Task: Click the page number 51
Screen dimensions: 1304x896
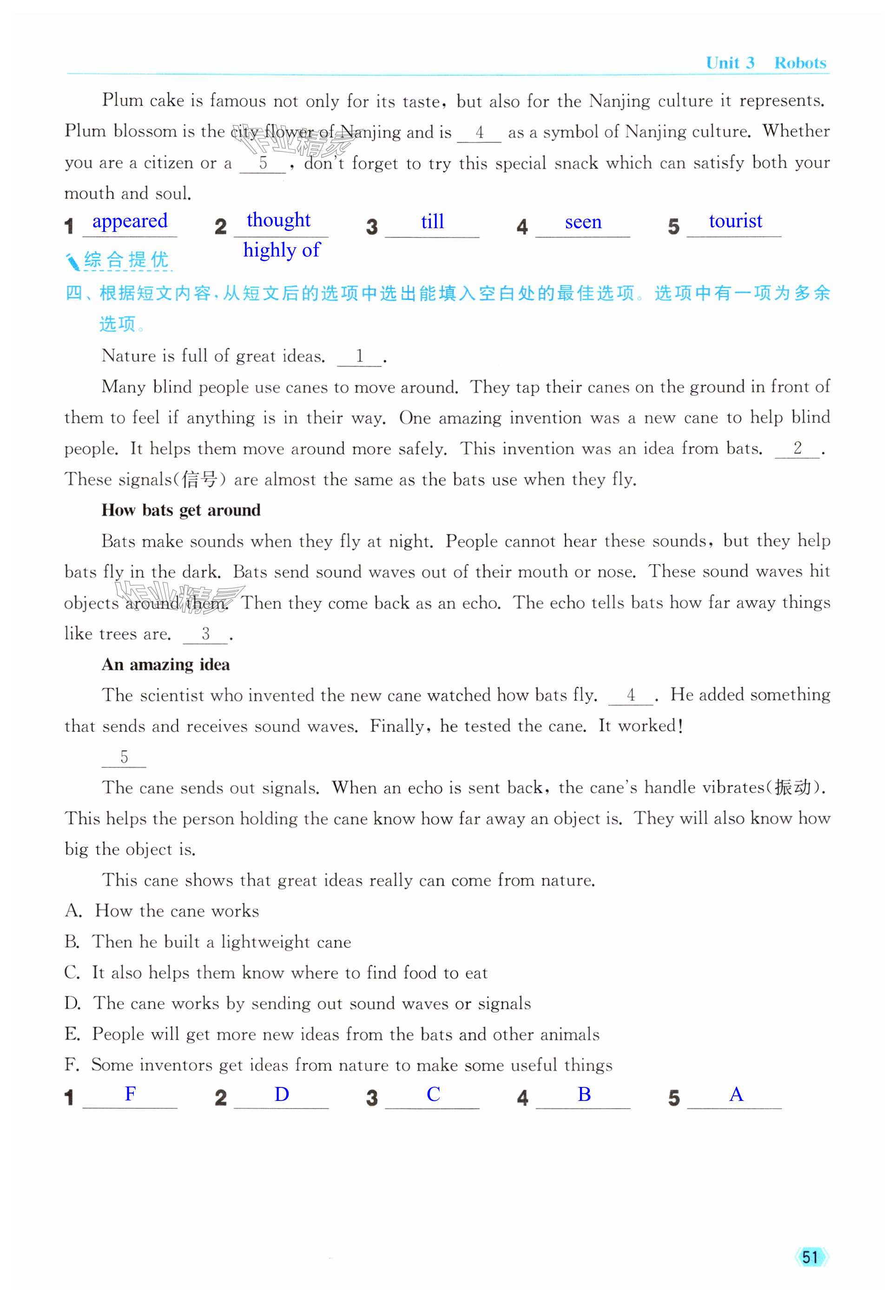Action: tap(810, 1256)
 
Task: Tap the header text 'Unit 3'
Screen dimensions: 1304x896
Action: tap(730, 63)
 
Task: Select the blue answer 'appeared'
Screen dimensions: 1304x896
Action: tap(130, 221)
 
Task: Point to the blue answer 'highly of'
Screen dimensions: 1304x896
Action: tap(281, 250)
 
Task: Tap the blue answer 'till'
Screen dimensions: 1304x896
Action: tap(432, 222)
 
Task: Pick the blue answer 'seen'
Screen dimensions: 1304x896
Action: tap(583, 222)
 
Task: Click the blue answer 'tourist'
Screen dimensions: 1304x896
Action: tap(736, 221)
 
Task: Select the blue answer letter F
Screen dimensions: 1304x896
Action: tap(130, 1093)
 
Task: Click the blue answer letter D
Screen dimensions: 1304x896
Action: tap(281, 1094)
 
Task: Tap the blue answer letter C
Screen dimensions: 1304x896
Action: tap(433, 1094)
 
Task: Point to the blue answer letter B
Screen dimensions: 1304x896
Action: tap(584, 1094)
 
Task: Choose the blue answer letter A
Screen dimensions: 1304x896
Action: tap(736, 1094)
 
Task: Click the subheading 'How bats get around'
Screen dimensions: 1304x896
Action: tap(181, 510)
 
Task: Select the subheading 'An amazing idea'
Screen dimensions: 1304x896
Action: tap(165, 665)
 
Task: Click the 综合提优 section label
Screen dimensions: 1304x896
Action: tap(126, 260)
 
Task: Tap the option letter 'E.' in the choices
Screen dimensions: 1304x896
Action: tap(72, 1034)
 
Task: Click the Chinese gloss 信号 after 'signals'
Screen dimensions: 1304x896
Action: tap(199, 480)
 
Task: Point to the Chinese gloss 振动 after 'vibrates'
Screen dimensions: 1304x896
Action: tap(793, 788)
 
